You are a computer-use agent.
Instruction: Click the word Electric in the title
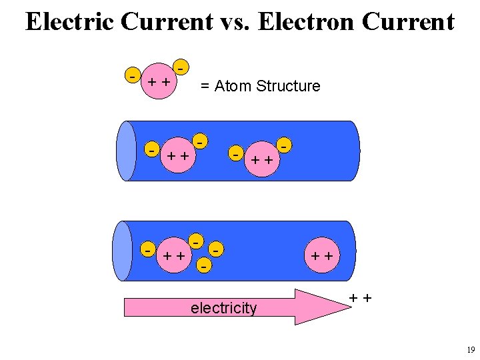71,21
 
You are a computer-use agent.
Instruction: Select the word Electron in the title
309,21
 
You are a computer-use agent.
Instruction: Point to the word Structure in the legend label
288,86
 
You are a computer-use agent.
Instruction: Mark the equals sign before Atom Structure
205,86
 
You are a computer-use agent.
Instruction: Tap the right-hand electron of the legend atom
180,67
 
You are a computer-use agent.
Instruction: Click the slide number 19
471,350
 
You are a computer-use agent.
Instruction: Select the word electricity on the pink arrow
223,308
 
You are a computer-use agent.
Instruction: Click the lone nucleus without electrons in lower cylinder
323,255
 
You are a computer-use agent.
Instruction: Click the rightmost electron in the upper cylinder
285,143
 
